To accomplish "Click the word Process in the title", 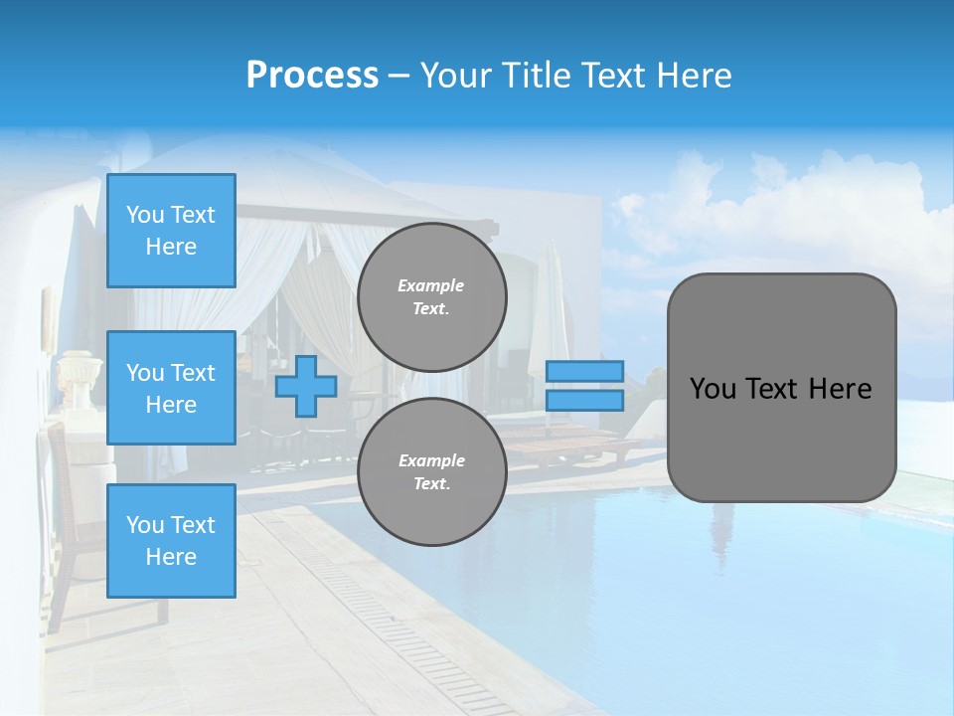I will coord(312,75).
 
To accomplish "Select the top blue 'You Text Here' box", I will coord(171,231).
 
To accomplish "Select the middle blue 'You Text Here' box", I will coord(171,388).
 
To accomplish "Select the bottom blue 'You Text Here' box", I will coord(171,540).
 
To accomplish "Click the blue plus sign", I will coord(305,387).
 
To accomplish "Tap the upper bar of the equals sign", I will coord(584,372).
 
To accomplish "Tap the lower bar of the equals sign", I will coord(584,401).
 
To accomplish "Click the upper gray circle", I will coord(431,296).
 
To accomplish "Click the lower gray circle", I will coord(431,471).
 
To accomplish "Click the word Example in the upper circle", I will coord(431,285).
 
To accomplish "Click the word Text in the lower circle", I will coord(431,483).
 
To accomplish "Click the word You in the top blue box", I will coord(145,215).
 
